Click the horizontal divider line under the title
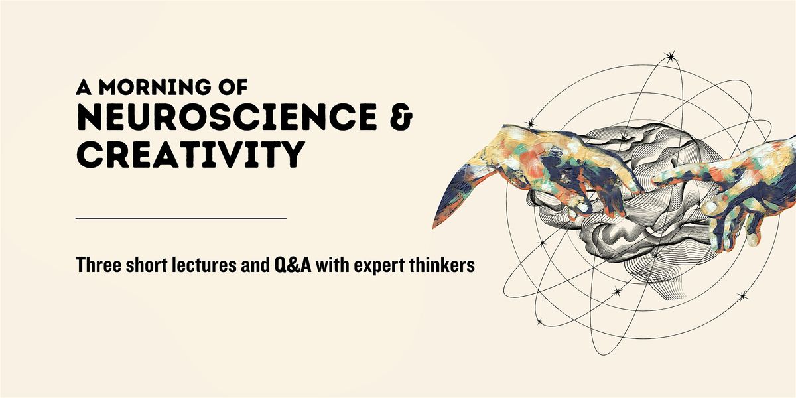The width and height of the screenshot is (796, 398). (181, 218)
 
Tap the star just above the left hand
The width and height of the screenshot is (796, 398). (529, 123)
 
